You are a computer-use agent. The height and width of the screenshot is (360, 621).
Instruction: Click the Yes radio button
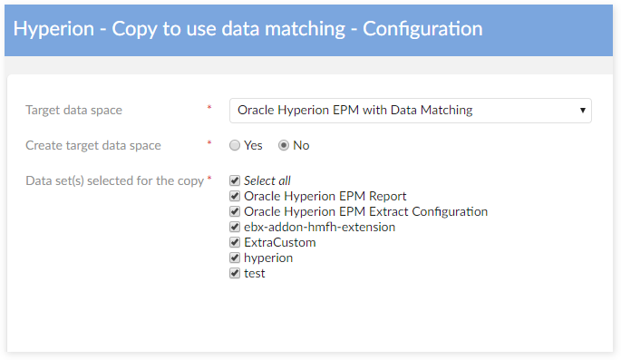pos(235,145)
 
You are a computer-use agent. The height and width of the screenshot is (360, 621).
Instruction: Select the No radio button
pos(284,145)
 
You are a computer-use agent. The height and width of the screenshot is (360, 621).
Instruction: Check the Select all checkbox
pos(235,180)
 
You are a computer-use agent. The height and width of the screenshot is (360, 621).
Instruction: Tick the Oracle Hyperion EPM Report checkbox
pos(235,196)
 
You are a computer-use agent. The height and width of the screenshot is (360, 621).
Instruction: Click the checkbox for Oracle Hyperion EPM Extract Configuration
pos(235,211)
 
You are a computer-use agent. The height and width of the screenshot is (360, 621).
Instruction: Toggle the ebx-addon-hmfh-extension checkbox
pos(235,227)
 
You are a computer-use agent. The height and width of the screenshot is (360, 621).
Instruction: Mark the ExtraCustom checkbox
pos(235,242)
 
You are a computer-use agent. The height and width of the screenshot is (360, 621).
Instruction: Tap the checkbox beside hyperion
pos(235,258)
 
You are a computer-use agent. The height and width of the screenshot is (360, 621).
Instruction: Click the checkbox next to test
pos(235,273)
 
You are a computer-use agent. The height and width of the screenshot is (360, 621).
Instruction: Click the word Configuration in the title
pos(422,29)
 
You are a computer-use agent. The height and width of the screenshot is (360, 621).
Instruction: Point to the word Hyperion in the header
pos(53,29)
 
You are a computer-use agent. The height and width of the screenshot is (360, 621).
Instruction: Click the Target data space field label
pos(73,111)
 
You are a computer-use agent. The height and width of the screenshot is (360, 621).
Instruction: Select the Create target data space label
pos(93,145)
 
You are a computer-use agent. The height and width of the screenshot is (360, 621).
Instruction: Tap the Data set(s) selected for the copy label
pos(114,180)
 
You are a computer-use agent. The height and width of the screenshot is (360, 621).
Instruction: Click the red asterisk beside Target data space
pos(209,110)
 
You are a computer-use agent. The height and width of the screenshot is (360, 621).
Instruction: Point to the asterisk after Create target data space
pos(209,144)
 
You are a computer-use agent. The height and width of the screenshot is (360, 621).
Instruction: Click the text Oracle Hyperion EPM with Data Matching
pos(354,111)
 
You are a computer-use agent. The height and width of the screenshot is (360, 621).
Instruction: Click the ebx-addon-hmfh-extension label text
pos(319,227)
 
